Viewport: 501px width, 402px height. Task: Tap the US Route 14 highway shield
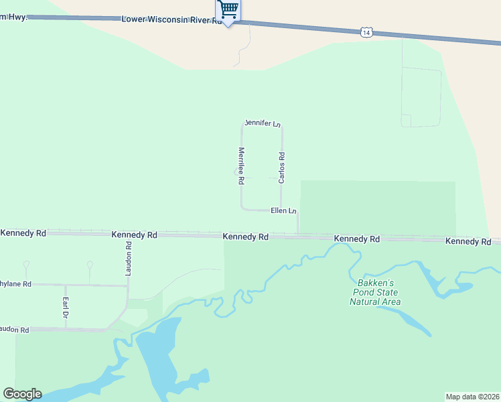[x=366, y=32]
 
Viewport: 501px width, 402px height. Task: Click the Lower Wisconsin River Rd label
[x=171, y=20]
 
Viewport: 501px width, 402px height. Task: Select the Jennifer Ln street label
[x=262, y=123]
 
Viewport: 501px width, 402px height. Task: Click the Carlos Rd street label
[x=282, y=167]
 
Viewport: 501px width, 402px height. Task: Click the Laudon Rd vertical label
[x=129, y=258]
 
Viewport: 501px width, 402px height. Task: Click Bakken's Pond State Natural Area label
[x=375, y=292]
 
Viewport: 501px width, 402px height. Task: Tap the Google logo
[x=22, y=394]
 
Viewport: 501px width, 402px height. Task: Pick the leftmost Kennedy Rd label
[x=23, y=233]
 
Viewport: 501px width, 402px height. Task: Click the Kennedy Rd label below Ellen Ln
[x=246, y=237]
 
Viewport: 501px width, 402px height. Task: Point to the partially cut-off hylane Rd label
[x=16, y=284]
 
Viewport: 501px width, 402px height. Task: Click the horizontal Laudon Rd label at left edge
[x=15, y=330]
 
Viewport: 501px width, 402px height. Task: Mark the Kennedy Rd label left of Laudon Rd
[x=134, y=235]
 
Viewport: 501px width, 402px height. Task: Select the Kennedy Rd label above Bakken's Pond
[x=357, y=239]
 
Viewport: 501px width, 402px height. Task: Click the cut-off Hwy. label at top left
[x=13, y=17]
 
